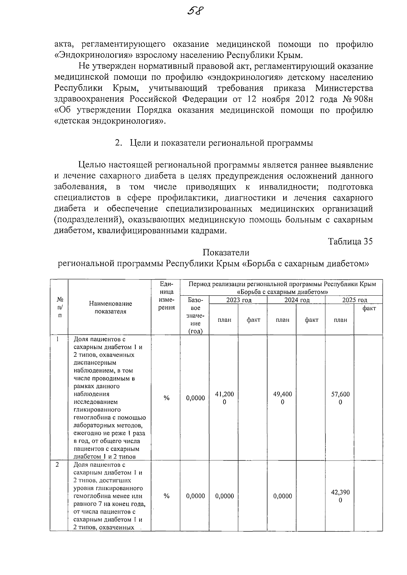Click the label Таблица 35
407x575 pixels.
(x=350, y=241)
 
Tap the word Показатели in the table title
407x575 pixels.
(x=226, y=253)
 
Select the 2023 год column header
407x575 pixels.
(x=238, y=300)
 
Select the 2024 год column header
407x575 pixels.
(x=296, y=300)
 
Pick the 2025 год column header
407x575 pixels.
(x=354, y=300)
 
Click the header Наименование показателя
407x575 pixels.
(x=110, y=308)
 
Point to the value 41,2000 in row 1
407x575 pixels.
(x=225, y=398)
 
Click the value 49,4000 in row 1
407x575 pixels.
(x=283, y=398)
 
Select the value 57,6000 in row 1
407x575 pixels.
(x=340, y=398)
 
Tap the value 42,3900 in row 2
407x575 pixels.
(x=340, y=496)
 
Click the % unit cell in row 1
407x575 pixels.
(x=166, y=398)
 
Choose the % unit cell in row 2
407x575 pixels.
(x=166, y=496)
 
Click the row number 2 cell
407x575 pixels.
(x=57, y=465)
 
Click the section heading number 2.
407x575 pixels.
(x=118, y=143)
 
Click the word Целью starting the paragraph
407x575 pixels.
(x=92, y=165)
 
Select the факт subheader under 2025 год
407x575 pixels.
(x=369, y=309)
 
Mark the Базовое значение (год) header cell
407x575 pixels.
(x=195, y=316)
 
